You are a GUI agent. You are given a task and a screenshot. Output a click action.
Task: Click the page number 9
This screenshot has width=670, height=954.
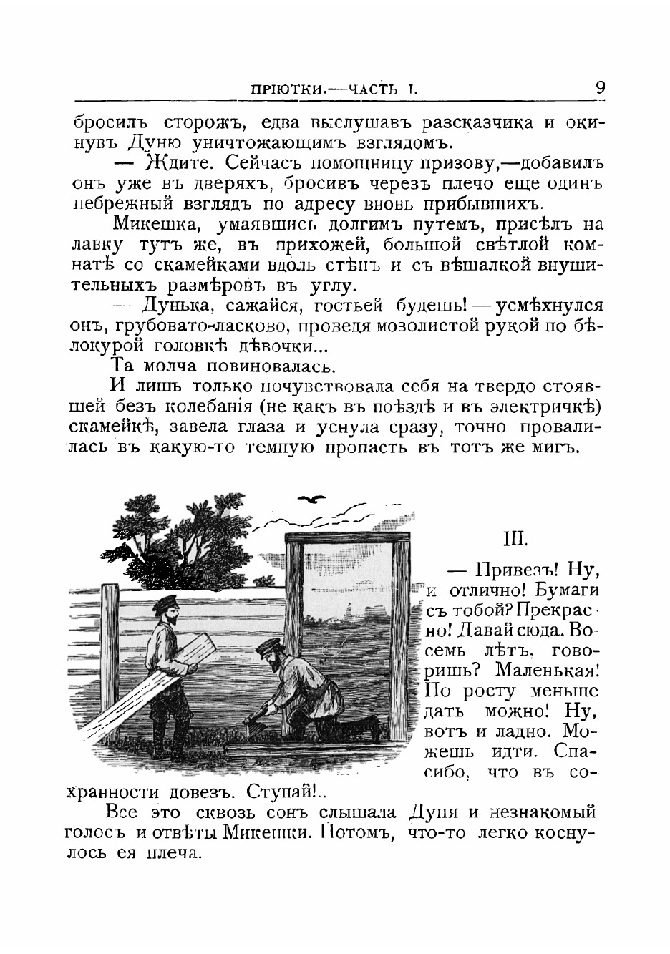pyautogui.click(x=599, y=88)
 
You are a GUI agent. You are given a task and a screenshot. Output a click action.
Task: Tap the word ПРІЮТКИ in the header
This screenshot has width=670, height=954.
pyautogui.click(x=287, y=91)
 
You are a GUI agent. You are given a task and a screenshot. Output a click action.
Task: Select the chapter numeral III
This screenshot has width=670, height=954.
pyautogui.click(x=516, y=537)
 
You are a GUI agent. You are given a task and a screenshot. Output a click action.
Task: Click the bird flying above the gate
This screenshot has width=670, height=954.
pyautogui.click(x=313, y=499)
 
